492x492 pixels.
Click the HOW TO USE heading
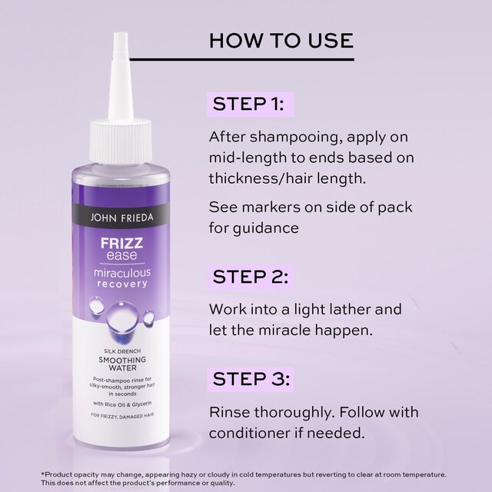click(281, 40)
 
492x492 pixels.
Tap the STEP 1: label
click(248, 104)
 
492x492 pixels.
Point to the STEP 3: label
click(249, 379)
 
